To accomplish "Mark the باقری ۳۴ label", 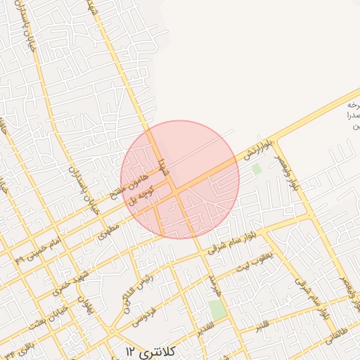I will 15,347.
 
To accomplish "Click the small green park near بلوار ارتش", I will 257,169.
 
